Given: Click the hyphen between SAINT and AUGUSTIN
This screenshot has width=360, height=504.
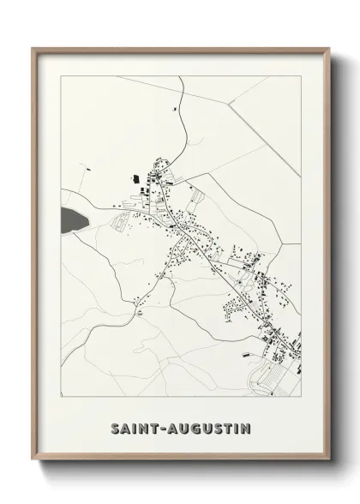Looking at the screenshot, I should point(165,427).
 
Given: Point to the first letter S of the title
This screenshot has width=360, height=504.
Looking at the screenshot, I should point(114,426).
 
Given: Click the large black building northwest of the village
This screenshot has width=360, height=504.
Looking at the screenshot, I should point(135,178).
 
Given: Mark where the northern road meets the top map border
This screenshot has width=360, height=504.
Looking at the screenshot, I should point(183,75).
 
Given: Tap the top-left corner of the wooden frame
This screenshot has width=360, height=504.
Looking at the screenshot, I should point(33,48).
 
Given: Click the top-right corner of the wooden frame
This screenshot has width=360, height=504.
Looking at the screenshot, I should point(327,48).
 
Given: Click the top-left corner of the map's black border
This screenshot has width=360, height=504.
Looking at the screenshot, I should point(61,75).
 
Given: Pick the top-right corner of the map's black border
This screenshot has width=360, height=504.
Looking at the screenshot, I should point(301,75).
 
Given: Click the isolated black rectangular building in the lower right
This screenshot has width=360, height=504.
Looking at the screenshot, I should point(249,351).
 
